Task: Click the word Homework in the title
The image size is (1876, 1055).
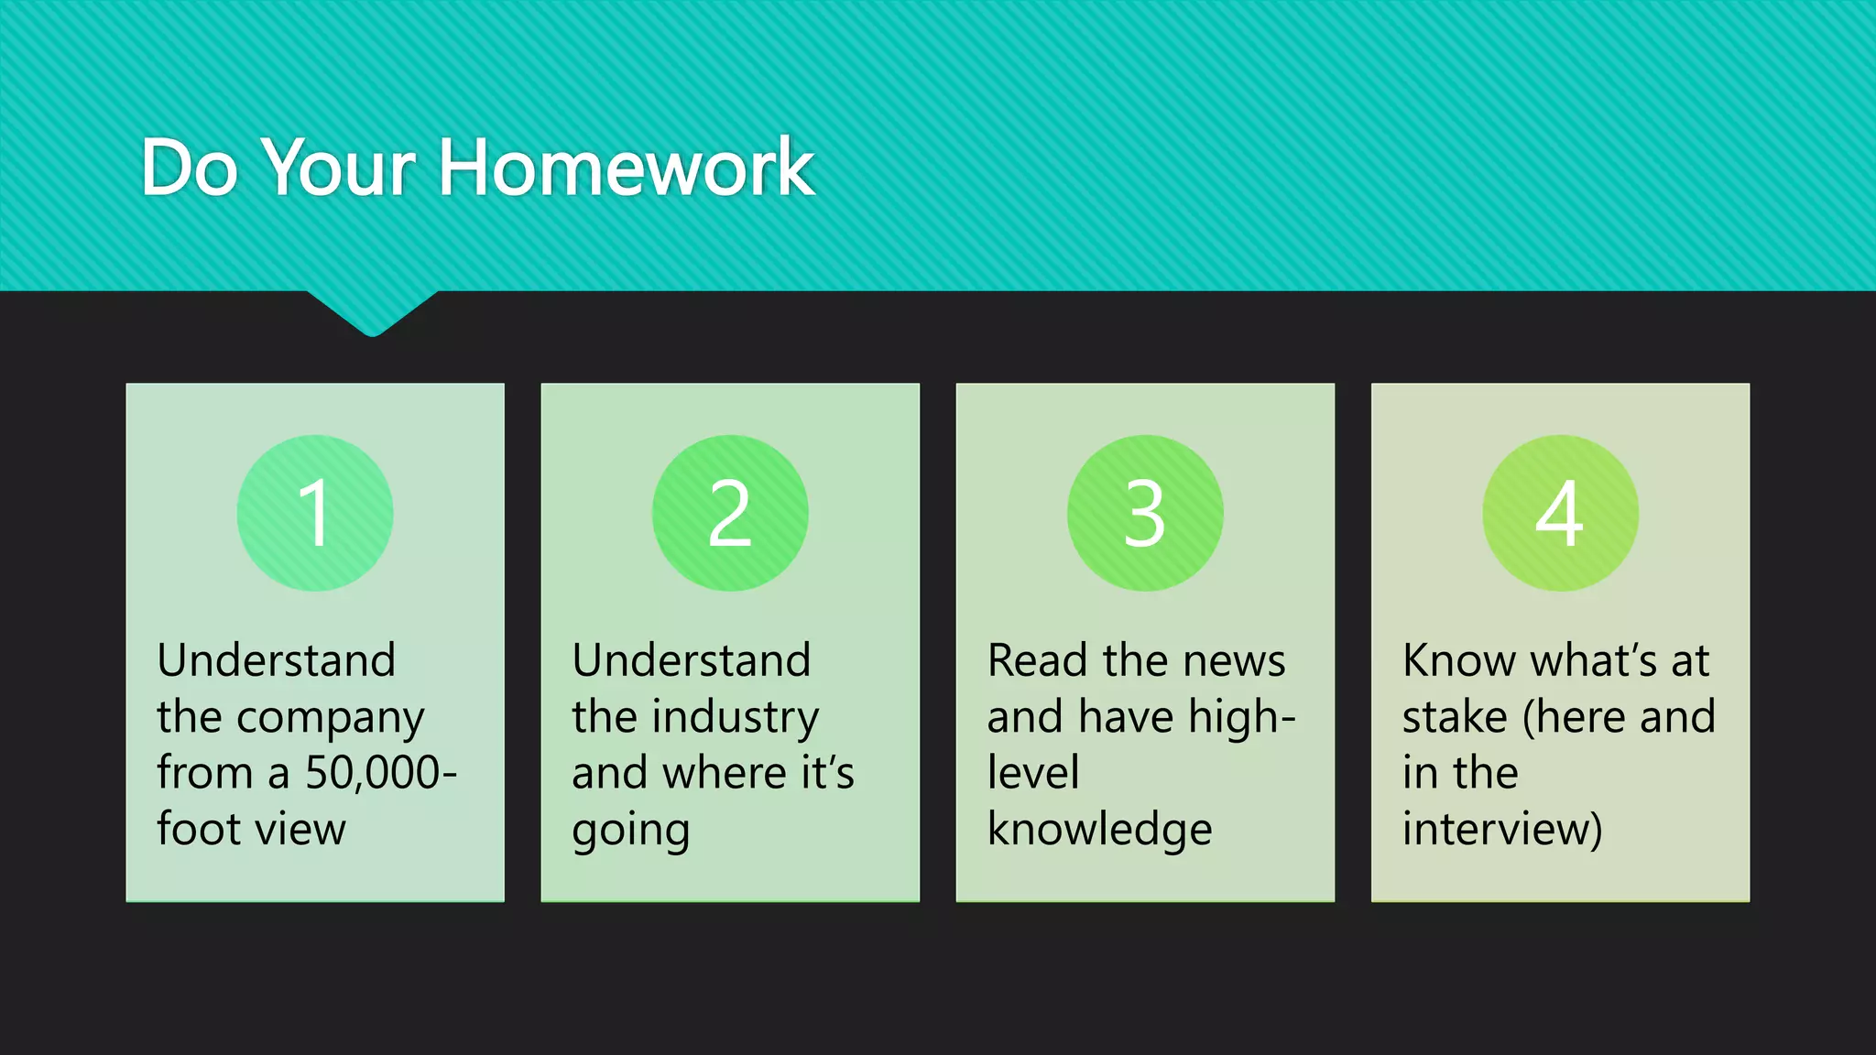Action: point(627,168)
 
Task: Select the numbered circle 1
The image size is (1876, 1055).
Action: point(315,513)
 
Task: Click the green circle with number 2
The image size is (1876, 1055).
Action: point(730,513)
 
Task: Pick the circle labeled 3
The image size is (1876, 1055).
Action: point(1145,513)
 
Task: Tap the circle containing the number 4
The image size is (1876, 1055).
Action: point(1560,513)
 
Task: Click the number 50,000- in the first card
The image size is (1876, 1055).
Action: point(380,773)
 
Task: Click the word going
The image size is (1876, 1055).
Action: point(630,831)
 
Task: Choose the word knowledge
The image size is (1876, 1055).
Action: point(1099,829)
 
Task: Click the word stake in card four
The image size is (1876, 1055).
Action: point(1455,717)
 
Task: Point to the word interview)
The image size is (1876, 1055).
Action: point(1502,829)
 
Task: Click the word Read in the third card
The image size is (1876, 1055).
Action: point(1038,661)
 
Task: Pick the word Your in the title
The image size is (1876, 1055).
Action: point(339,168)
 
